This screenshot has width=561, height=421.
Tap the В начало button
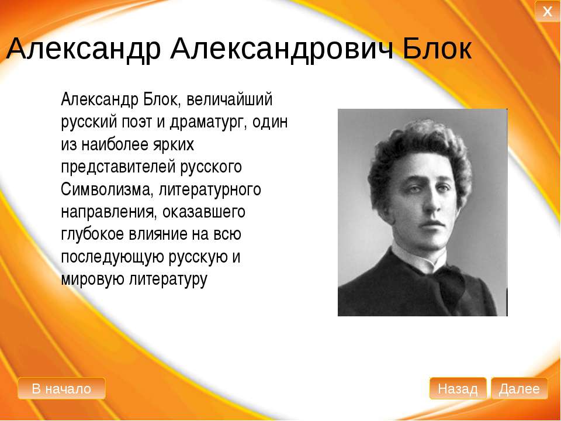point(61,388)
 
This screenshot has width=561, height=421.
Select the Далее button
point(519,388)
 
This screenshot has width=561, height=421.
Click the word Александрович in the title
point(282,49)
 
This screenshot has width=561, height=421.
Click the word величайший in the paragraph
point(229,99)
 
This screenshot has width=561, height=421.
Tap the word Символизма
point(107,189)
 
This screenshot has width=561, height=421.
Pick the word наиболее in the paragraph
point(114,144)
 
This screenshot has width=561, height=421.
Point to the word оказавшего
point(203,212)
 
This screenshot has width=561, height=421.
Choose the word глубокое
point(94,234)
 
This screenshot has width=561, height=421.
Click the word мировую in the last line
point(93,279)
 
